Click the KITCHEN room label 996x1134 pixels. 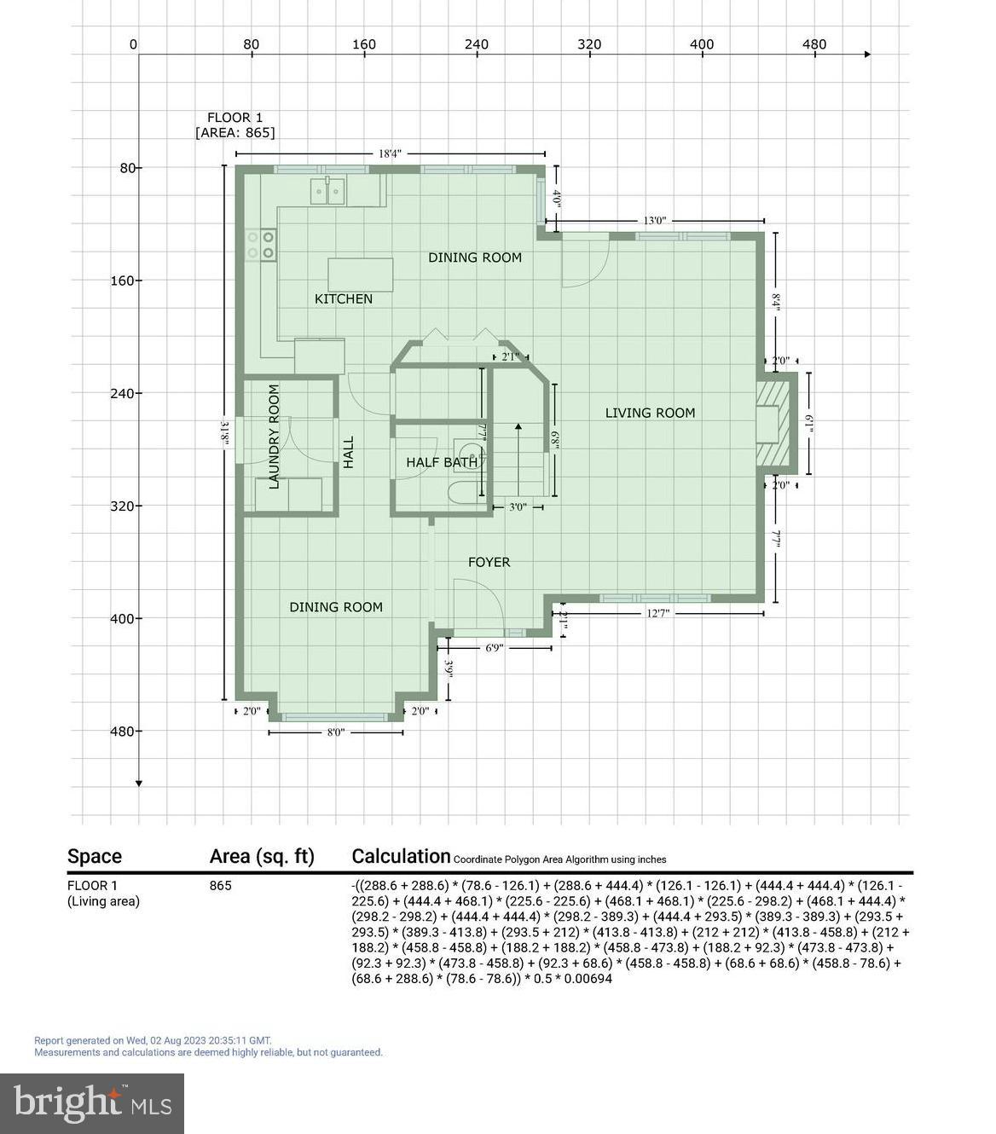(344, 299)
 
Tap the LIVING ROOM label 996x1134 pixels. (650, 413)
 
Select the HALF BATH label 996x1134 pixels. (442, 463)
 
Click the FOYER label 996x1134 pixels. (489, 563)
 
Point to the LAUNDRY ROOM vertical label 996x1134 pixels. (275, 437)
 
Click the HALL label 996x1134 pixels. (349, 453)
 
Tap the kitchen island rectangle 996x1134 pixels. (360, 275)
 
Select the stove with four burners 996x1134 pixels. (260, 245)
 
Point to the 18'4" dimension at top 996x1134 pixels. (390, 154)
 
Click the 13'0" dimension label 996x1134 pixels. (655, 221)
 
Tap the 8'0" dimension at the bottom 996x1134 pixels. (336, 732)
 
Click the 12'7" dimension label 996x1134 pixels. (657, 613)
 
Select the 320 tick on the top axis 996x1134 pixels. (588, 44)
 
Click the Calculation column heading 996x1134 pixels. (401, 856)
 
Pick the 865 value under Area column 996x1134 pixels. (220, 886)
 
